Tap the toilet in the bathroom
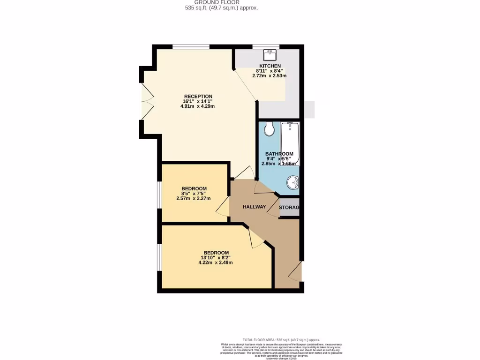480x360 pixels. click(x=269, y=128)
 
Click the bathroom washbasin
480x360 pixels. click(x=292, y=183)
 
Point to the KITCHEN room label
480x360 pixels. click(x=270, y=66)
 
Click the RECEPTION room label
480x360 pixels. click(x=198, y=97)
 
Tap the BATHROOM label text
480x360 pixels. click(x=279, y=154)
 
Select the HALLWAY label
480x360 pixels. click(x=254, y=207)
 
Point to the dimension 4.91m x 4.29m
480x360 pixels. click(x=198, y=106)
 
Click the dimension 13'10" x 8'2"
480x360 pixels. click(x=216, y=257)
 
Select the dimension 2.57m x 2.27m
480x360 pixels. click(x=194, y=198)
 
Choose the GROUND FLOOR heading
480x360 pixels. click(x=221, y=2)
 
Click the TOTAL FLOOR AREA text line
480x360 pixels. click(x=281, y=339)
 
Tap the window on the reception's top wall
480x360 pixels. click(x=190, y=46)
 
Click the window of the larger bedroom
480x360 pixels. click(x=159, y=257)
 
